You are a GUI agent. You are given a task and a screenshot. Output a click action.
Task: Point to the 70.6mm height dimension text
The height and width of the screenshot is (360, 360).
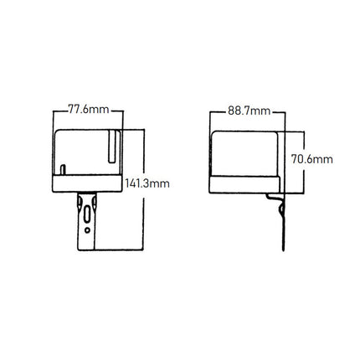tap(311, 157)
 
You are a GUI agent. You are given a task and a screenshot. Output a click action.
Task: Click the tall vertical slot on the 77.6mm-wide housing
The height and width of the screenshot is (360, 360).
tap(111, 148)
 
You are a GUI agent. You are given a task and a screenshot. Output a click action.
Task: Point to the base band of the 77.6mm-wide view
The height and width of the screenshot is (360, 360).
tap(87, 182)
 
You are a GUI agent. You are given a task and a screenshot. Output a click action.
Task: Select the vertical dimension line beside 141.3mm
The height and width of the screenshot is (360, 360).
tap(146, 218)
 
